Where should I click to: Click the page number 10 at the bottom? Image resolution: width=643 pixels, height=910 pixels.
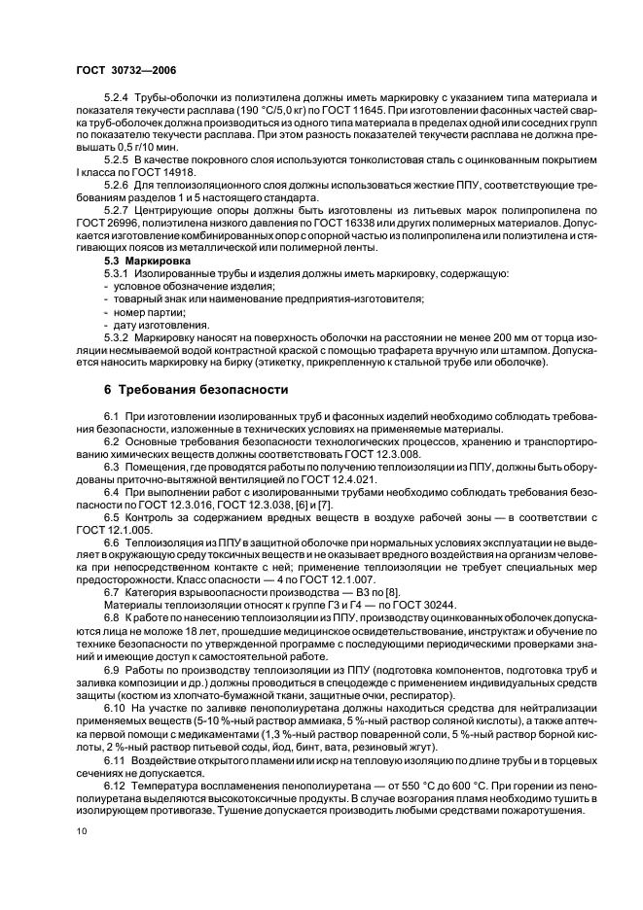[80, 831]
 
